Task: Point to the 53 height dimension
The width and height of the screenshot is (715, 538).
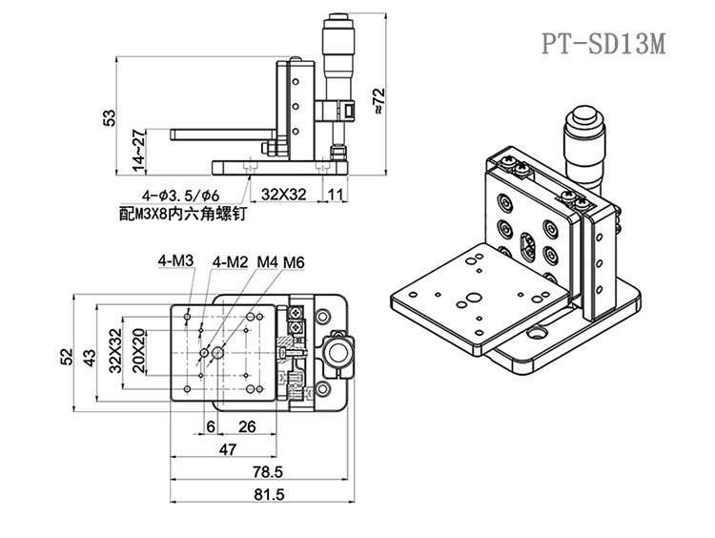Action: [x=110, y=117]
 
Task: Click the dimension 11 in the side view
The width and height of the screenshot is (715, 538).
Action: [x=336, y=195]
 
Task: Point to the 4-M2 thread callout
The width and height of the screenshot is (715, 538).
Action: [x=231, y=259]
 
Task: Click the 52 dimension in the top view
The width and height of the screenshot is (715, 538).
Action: [x=66, y=356]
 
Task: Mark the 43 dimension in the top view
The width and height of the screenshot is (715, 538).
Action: [x=88, y=356]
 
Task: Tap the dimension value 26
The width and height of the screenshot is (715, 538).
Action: [x=245, y=426]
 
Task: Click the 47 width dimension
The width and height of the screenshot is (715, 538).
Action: [x=229, y=448]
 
